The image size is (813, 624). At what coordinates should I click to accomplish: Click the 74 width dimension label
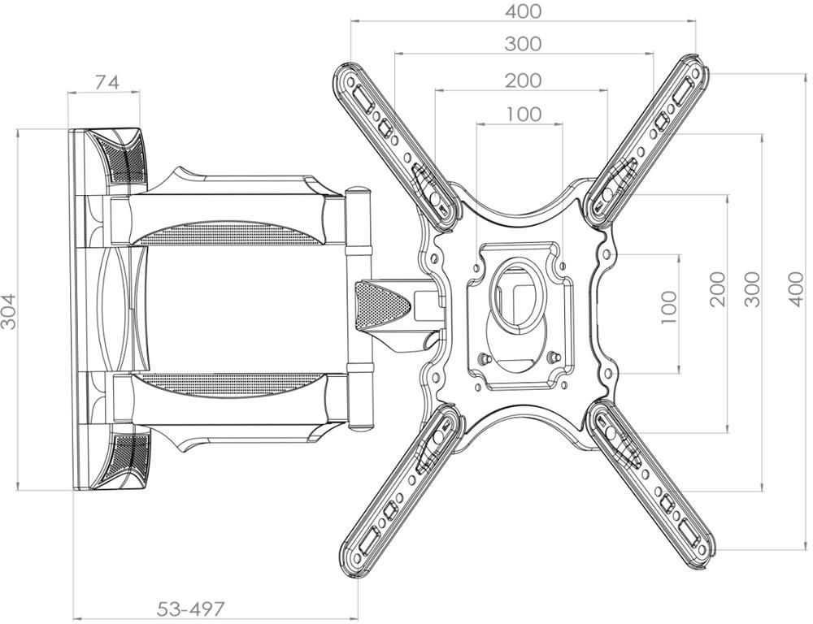(x=107, y=82)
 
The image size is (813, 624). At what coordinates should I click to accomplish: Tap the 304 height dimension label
(x=9, y=311)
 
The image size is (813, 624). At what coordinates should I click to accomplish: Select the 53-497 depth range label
(x=191, y=608)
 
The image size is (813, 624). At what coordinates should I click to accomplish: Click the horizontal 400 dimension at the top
(x=524, y=11)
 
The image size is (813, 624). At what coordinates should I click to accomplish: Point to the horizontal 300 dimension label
(x=523, y=44)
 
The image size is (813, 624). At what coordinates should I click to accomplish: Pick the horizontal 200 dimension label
(x=524, y=80)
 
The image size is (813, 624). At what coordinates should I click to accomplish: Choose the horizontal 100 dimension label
(x=524, y=114)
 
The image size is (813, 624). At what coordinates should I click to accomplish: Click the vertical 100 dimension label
(x=669, y=307)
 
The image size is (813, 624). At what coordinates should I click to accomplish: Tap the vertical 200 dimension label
(x=718, y=289)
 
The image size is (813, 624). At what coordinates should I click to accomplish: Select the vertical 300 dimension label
(x=752, y=289)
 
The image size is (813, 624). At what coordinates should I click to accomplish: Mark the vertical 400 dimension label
(x=798, y=288)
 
